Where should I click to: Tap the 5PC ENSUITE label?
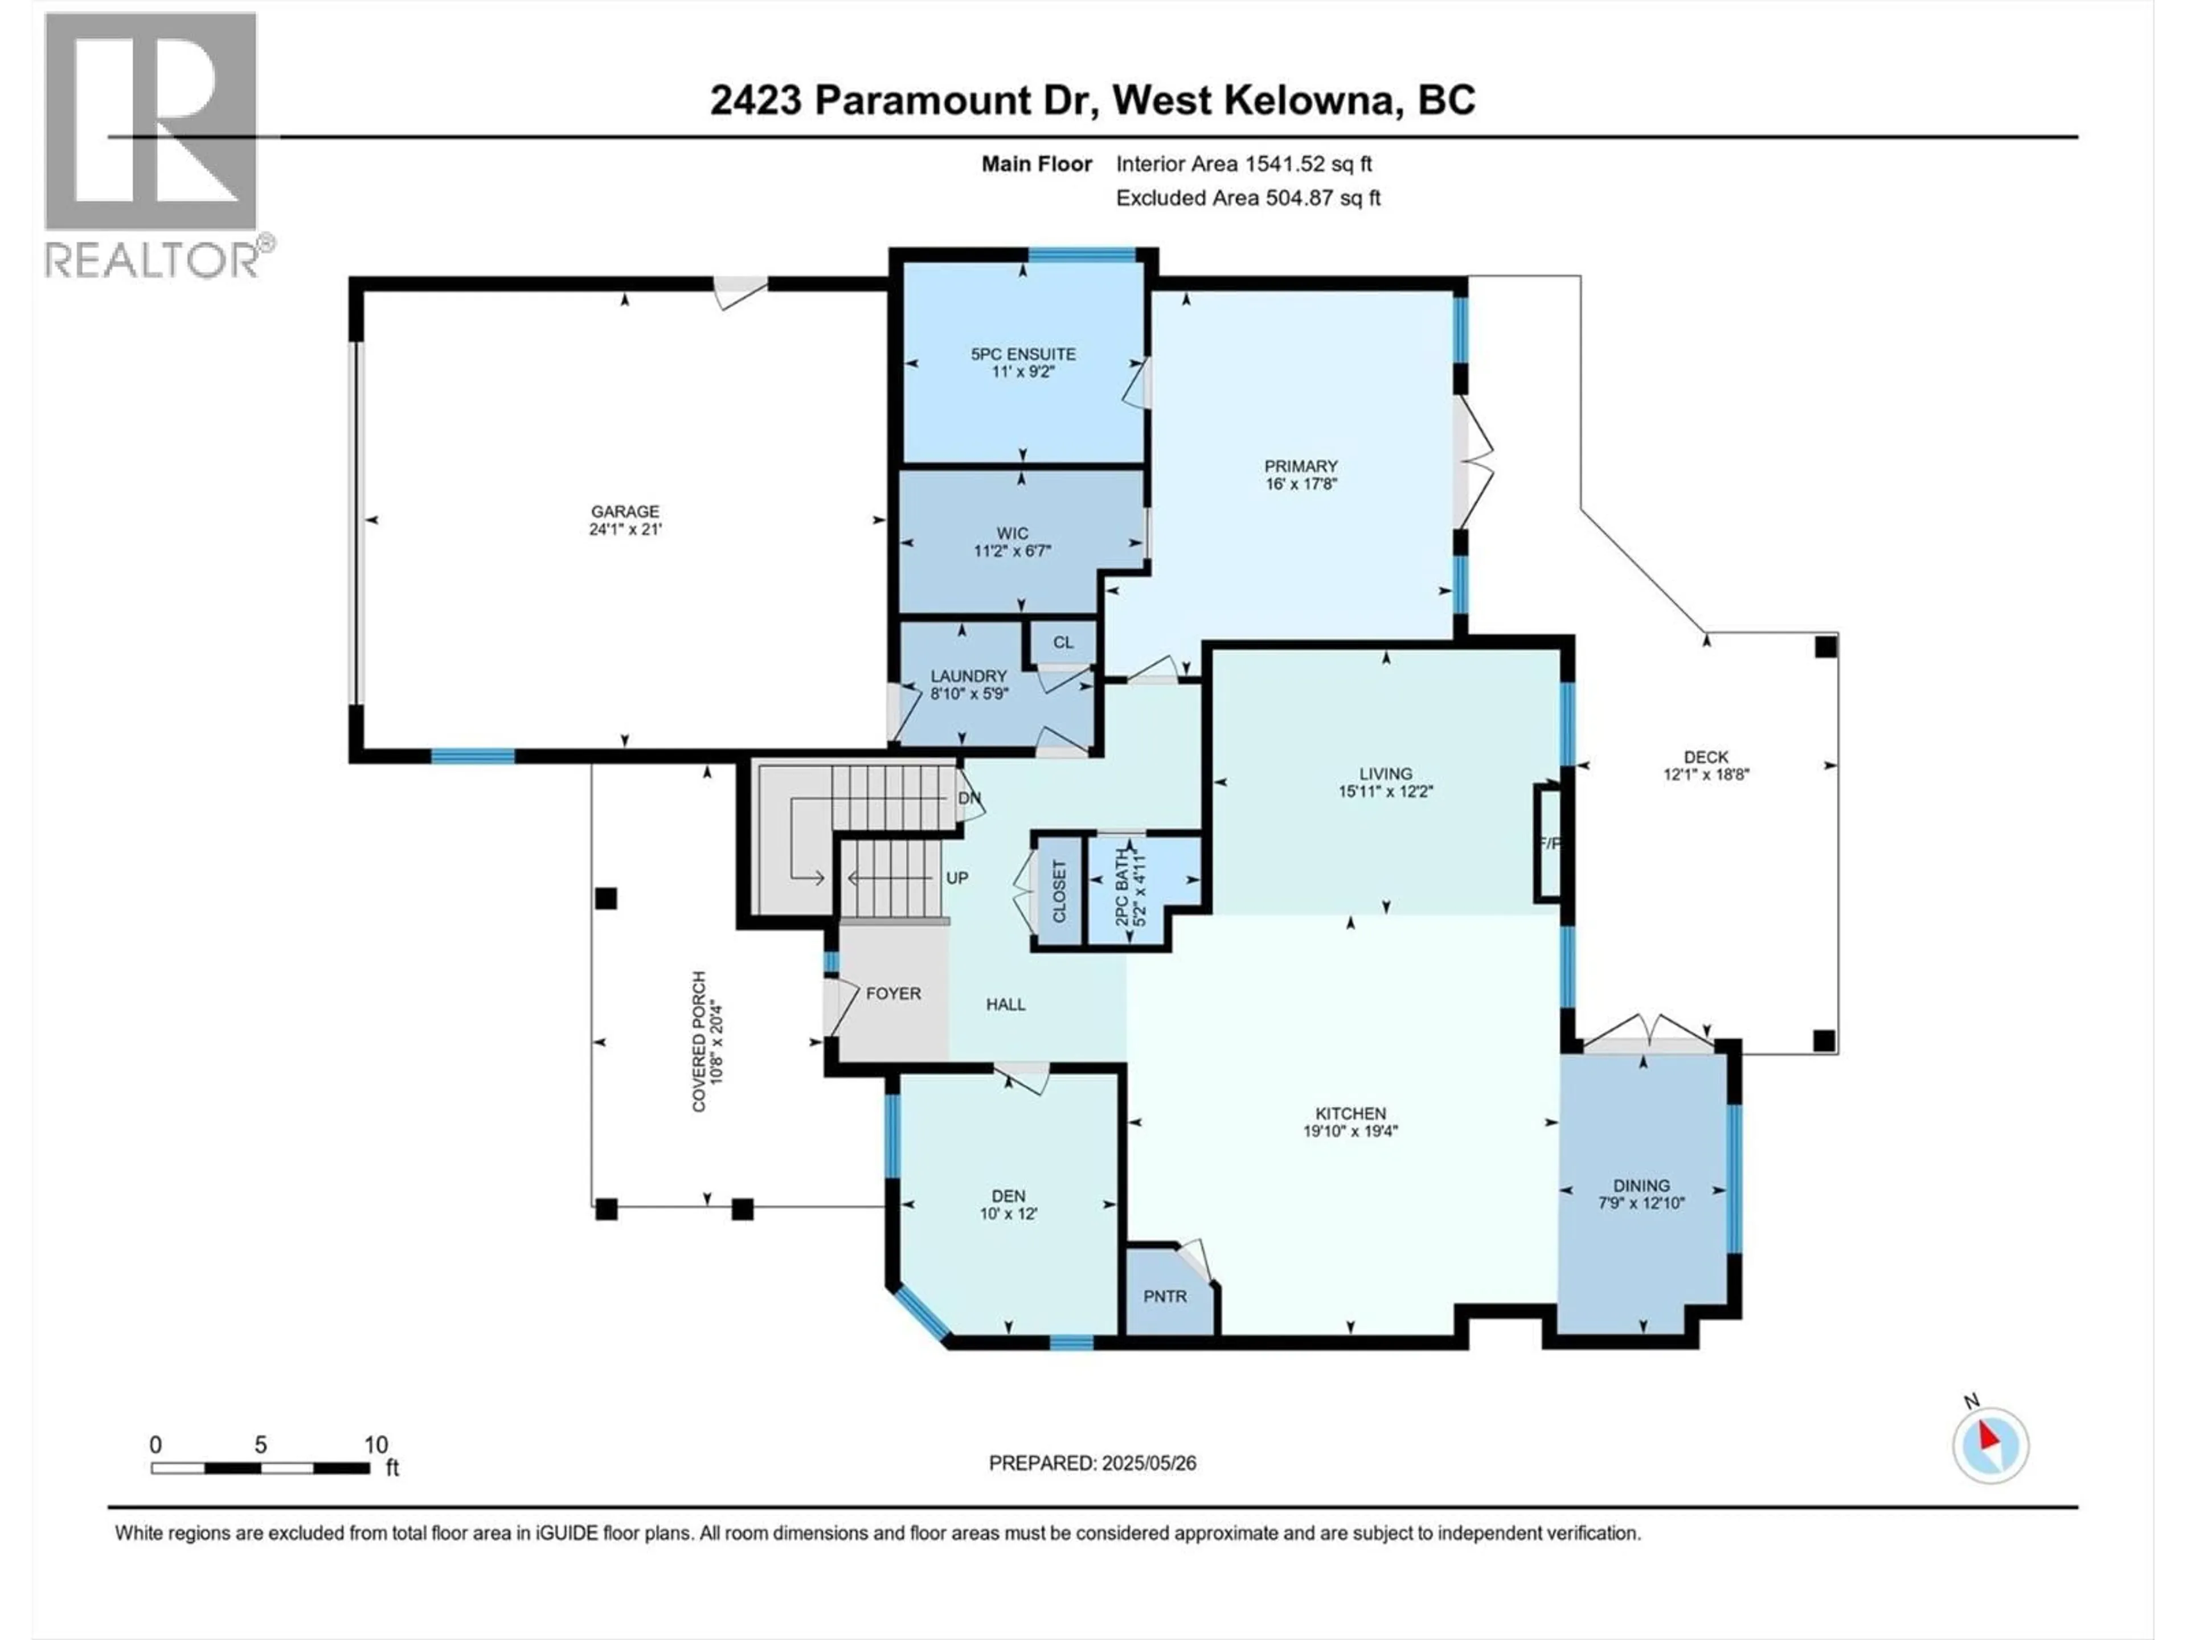point(1022,354)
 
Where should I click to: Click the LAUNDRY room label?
point(968,676)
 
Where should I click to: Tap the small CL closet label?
point(1062,642)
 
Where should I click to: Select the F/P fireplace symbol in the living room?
point(1547,843)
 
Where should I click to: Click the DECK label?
point(1706,757)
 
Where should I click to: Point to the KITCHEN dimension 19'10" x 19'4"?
point(1350,1131)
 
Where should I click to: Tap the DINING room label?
point(1641,1185)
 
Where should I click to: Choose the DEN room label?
point(1009,1196)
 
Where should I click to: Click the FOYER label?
point(893,994)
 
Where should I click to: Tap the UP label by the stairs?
point(956,878)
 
